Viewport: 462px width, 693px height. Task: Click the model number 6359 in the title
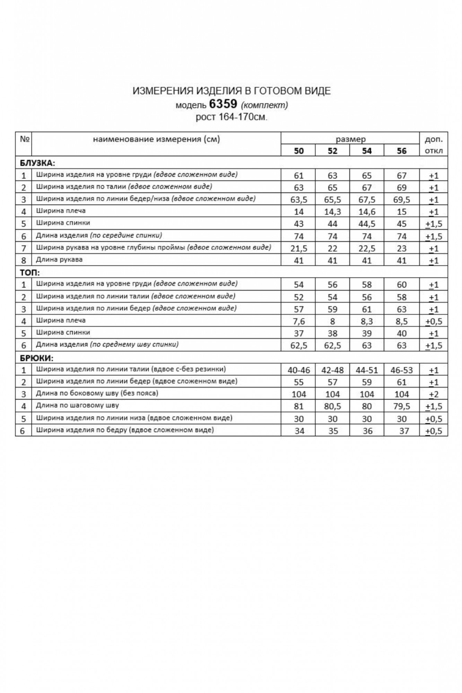pos(223,104)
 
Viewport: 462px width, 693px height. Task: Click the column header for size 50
pos(298,151)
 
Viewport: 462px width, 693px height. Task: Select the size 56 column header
pos(401,151)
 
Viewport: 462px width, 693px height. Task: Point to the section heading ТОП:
pos(30,272)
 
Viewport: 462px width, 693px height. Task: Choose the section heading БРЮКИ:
pos(37,358)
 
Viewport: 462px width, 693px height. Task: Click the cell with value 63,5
pos(298,200)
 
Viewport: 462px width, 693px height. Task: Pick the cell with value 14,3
pos(332,212)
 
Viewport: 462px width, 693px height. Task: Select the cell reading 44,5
pos(367,224)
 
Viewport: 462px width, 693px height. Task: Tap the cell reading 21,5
pos(298,248)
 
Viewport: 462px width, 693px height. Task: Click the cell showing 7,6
pos(298,322)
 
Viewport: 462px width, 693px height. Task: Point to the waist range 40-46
pos(298,370)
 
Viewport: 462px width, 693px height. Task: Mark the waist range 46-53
pos(401,370)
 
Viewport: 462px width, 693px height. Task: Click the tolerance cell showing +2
pos(434,394)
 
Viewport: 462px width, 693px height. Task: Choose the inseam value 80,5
pos(332,406)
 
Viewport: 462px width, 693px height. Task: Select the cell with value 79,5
pos(401,406)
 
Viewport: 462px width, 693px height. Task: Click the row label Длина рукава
pos(59,260)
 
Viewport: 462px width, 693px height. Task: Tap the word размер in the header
pos(350,140)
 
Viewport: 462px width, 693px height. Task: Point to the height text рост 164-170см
pos(232,117)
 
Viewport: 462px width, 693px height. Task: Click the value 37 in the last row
pos(404,431)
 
